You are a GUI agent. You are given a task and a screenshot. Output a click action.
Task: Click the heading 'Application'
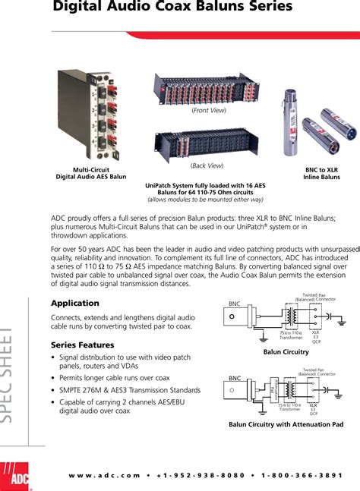(x=74, y=304)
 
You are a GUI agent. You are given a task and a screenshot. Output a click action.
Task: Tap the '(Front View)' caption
(x=209, y=111)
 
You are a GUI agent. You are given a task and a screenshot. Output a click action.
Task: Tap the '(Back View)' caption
(x=207, y=165)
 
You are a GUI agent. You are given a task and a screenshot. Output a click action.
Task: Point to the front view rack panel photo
(x=208, y=88)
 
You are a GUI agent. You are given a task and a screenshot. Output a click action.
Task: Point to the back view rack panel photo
(x=208, y=143)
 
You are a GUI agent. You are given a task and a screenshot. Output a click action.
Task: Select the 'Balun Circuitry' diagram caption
(x=286, y=352)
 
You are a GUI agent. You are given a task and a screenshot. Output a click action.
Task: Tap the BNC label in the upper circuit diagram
(x=235, y=304)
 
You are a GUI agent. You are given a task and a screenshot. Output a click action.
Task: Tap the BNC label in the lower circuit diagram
(x=235, y=376)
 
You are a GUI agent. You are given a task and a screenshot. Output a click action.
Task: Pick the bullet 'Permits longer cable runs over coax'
(x=115, y=377)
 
